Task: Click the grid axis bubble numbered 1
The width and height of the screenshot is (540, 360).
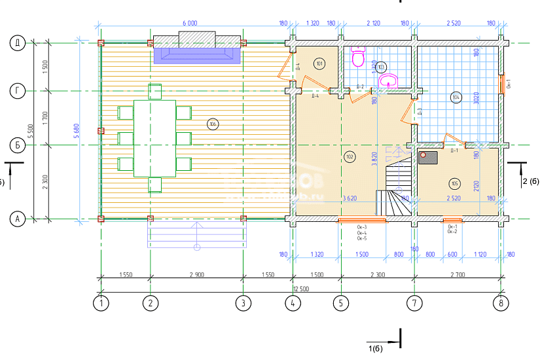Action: (101, 303)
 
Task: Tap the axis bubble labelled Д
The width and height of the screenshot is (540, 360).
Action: (17, 43)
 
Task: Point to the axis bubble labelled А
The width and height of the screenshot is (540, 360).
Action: (17, 219)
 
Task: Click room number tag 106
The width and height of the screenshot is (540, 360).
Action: (211, 124)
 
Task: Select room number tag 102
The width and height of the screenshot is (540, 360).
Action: (349, 156)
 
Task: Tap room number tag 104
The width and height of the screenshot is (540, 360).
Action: (456, 98)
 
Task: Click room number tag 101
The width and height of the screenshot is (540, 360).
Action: (319, 63)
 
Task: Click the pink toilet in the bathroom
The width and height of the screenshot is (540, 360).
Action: (358, 59)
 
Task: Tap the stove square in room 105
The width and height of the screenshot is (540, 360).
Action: (429, 156)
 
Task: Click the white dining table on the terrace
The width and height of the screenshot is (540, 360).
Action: (154, 138)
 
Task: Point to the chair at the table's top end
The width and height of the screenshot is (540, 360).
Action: (154, 92)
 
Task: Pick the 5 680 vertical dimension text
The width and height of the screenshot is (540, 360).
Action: (77, 131)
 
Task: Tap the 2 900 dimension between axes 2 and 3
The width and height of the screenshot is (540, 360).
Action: (196, 276)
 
